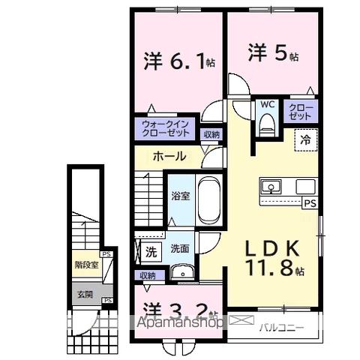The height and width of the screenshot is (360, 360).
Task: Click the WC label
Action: tap(267, 106)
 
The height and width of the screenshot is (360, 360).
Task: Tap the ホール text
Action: tap(169, 156)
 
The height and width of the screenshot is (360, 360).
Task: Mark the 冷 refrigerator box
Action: tap(305, 138)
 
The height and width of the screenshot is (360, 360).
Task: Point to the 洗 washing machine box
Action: tap(151, 252)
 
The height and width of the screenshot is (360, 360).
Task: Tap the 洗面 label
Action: tap(179, 249)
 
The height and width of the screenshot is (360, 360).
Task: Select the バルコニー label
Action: tap(283, 327)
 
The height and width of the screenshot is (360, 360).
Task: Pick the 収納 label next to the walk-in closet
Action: tap(212, 134)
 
